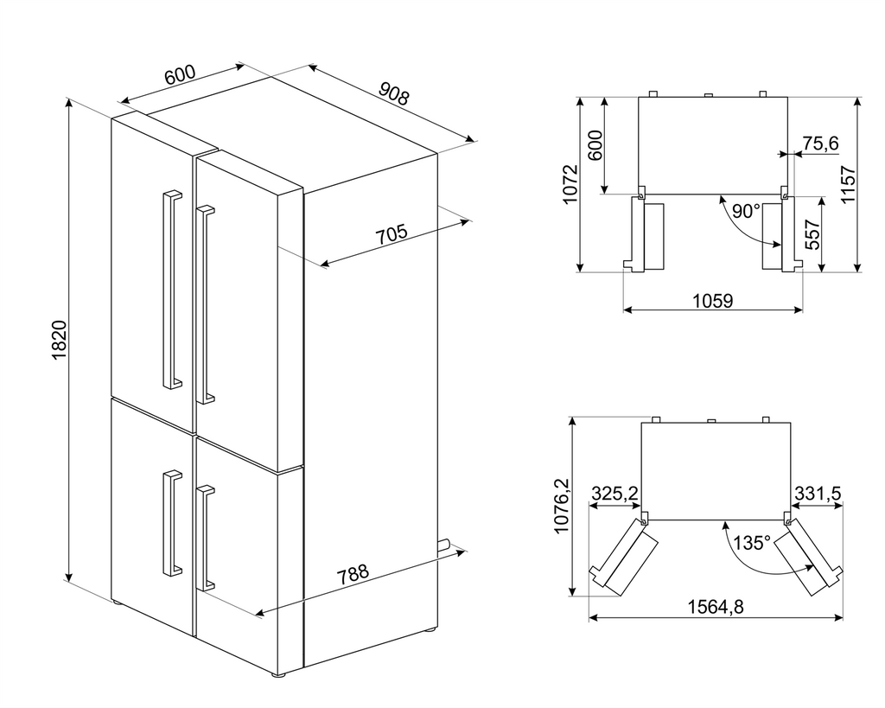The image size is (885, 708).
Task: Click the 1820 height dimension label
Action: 60,340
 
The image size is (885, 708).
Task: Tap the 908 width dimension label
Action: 393,93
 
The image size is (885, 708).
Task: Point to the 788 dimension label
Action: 353,575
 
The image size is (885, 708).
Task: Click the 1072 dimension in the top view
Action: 570,184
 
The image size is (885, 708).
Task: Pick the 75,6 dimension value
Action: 821,144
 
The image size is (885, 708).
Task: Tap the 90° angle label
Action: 746,211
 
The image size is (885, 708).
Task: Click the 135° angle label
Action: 752,543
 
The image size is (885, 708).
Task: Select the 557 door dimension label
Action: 812,233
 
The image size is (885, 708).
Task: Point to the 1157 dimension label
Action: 849,184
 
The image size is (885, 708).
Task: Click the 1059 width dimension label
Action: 712,301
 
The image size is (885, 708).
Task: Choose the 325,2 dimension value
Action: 614,493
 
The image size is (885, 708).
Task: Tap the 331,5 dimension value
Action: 818,493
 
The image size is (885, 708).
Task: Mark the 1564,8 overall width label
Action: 716,607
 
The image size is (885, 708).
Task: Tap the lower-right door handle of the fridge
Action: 205,538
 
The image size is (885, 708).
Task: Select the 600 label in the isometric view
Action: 180,75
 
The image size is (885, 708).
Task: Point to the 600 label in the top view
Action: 595,145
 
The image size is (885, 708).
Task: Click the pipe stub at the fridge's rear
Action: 443,545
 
